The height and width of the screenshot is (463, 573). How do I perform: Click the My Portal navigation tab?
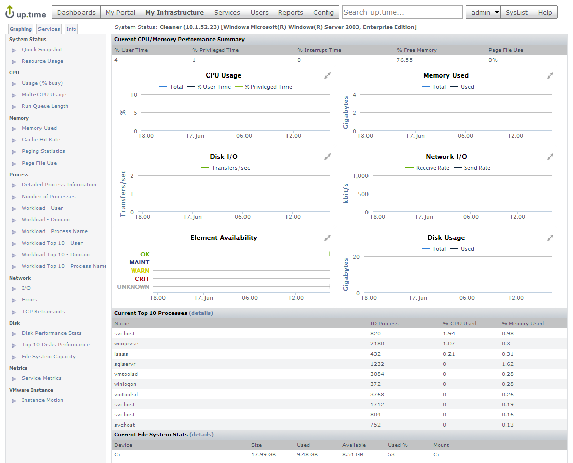click(120, 12)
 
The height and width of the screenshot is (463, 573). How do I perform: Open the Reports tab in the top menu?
click(291, 12)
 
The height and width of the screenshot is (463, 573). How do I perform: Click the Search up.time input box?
click(402, 12)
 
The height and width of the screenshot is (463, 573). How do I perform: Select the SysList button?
click(516, 12)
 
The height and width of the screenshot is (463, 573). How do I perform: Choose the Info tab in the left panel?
click(71, 29)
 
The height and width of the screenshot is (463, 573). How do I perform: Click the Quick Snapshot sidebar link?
click(42, 50)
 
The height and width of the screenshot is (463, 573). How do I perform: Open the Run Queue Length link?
click(45, 106)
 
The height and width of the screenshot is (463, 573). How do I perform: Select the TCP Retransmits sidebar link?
click(43, 312)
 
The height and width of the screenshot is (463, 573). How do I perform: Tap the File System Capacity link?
click(49, 357)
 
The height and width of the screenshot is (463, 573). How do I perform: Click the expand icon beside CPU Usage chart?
click(328, 75)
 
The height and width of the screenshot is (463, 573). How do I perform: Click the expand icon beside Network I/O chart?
click(550, 157)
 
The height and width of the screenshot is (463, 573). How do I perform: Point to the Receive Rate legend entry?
click(432, 168)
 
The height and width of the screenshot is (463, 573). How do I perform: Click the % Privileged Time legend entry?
click(268, 87)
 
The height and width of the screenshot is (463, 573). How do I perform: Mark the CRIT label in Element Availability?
click(142, 279)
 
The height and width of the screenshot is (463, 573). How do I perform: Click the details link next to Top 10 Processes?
click(201, 313)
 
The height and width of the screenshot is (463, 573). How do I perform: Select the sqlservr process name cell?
click(125, 364)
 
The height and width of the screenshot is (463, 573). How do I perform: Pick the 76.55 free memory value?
click(404, 60)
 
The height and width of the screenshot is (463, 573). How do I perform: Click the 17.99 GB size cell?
click(264, 455)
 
